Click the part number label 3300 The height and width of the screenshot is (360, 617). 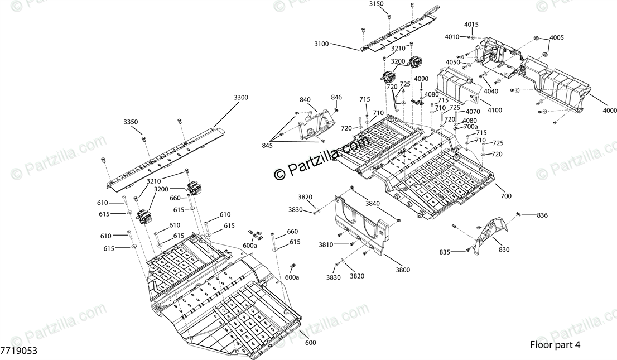click(x=241, y=98)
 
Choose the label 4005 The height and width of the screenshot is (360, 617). click(x=556, y=38)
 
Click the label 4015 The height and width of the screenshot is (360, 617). click(x=471, y=25)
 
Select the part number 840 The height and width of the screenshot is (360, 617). click(x=305, y=100)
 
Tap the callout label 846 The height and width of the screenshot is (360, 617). click(x=336, y=97)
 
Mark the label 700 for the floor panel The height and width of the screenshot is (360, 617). click(x=506, y=196)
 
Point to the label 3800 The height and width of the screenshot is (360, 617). click(x=403, y=270)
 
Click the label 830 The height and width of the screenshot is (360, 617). click(x=504, y=249)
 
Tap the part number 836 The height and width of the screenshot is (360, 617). click(x=543, y=215)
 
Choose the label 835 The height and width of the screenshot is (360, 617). click(x=444, y=252)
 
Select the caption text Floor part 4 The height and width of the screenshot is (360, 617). click(x=555, y=345)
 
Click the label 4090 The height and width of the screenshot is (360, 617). click(x=421, y=79)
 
